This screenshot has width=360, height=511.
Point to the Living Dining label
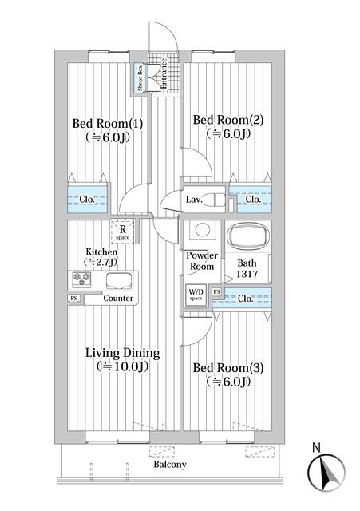click(124, 353)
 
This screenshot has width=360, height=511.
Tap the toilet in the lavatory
click(216, 200)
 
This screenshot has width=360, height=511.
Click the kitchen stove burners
click(81, 279)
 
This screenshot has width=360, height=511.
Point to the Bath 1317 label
click(247, 268)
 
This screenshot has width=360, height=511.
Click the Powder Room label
click(202, 260)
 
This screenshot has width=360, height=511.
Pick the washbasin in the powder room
click(203, 231)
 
